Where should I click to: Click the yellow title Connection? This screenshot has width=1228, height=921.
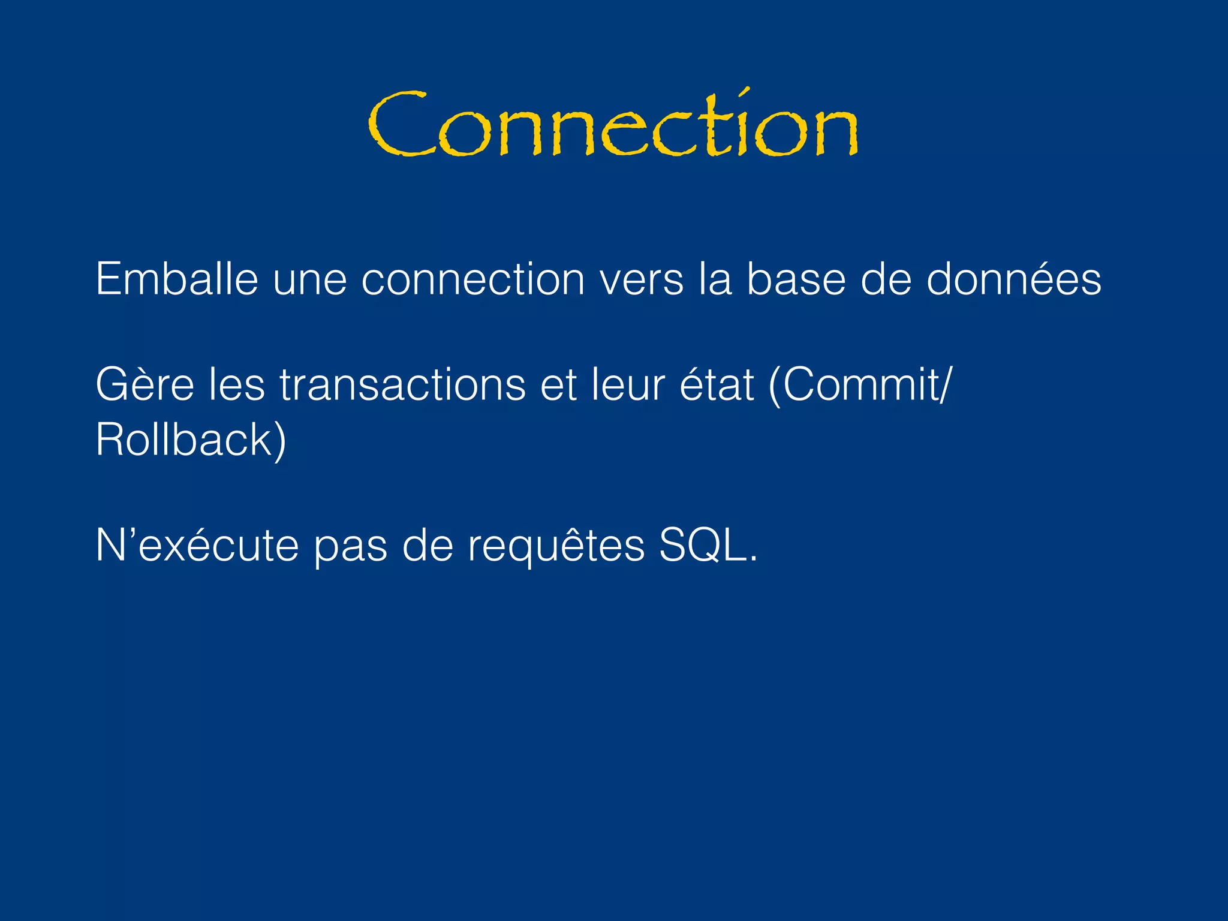pyautogui.click(x=613, y=125)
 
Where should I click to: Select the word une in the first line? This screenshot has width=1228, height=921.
pyautogui.click(x=309, y=281)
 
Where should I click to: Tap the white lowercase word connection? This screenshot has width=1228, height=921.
pyautogui.click(x=472, y=281)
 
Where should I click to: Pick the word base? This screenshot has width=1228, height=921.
pyautogui.click(x=796, y=279)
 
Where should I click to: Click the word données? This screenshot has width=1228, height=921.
pyautogui.click(x=1013, y=279)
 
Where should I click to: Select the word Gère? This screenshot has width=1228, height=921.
pyautogui.click(x=145, y=384)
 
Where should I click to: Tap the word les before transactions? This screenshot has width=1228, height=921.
pyautogui.click(x=236, y=384)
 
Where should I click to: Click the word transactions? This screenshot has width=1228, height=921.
pyautogui.click(x=402, y=384)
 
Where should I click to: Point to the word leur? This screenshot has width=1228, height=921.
pyautogui.click(x=627, y=384)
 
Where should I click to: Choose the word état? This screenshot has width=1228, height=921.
pyautogui.click(x=717, y=384)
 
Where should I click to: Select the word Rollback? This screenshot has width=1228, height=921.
pyautogui.click(x=183, y=440)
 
